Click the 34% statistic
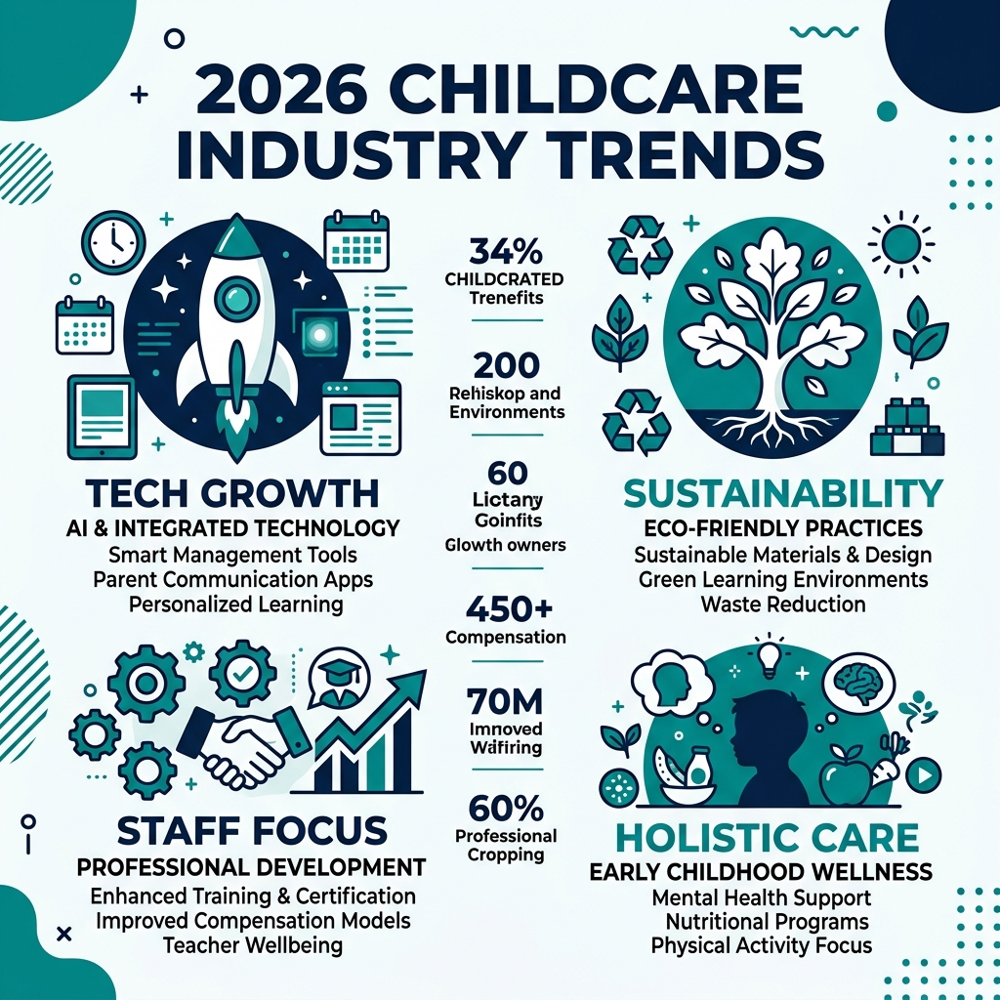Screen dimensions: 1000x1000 [506, 252]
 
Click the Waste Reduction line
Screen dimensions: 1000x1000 [782, 604]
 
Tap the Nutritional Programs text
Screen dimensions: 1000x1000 [769, 920]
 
